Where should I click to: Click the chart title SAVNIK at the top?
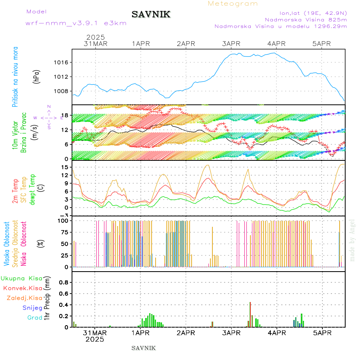point(151,14)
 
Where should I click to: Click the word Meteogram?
point(233,4)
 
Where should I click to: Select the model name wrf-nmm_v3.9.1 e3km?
point(76,23)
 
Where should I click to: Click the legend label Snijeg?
point(32,308)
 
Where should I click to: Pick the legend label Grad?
point(34,318)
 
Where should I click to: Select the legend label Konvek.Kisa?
point(22,288)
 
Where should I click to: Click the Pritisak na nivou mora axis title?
point(15,77)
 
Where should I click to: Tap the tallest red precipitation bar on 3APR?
point(250,314)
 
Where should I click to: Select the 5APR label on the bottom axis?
point(322,332)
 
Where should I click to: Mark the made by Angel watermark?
point(352,240)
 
